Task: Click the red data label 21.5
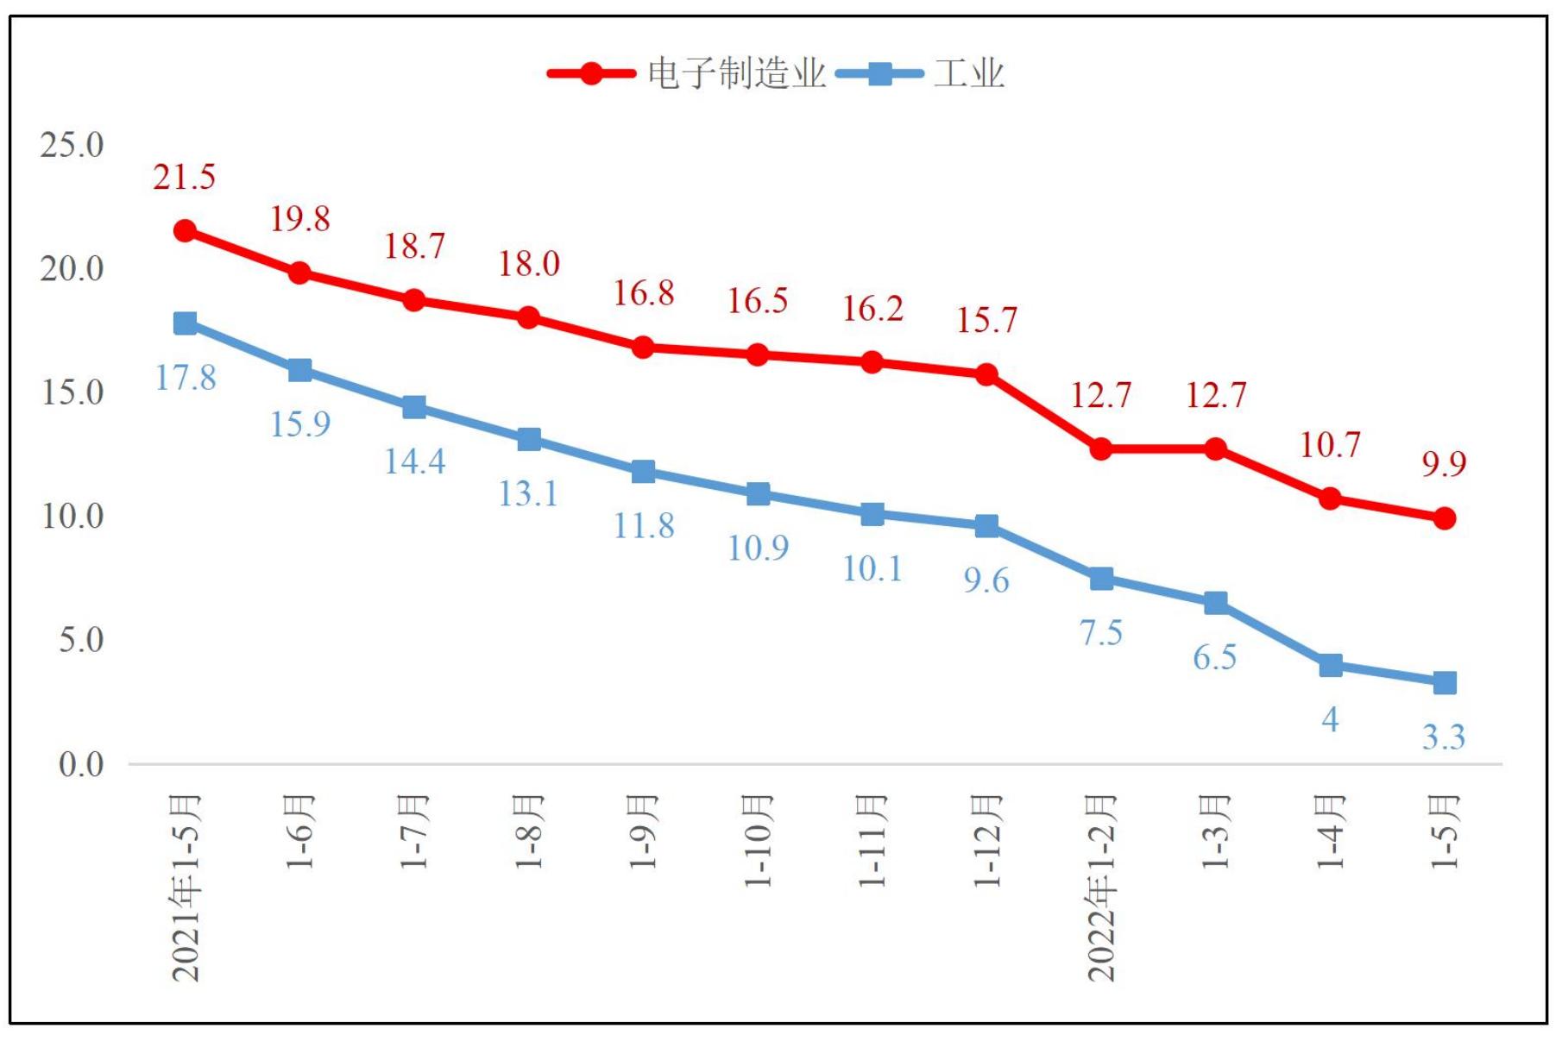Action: [184, 177]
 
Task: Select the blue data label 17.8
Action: [185, 378]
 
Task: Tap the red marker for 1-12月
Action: [986, 374]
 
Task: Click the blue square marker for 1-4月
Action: [1330, 665]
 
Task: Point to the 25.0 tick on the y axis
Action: [72, 145]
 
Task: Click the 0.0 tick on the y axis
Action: [80, 764]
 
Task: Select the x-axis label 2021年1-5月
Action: [186, 888]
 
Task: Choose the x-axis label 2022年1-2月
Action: [1101, 888]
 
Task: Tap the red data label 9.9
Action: [1444, 464]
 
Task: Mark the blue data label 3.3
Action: [1444, 737]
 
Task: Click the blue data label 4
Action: [1330, 719]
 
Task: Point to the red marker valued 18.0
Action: [528, 317]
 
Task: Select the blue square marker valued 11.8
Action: [643, 472]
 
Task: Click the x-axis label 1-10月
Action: [758, 841]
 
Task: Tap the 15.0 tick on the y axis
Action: [72, 393]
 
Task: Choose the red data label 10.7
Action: [1330, 445]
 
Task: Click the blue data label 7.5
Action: [1101, 633]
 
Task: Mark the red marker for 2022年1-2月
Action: [1101, 448]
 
